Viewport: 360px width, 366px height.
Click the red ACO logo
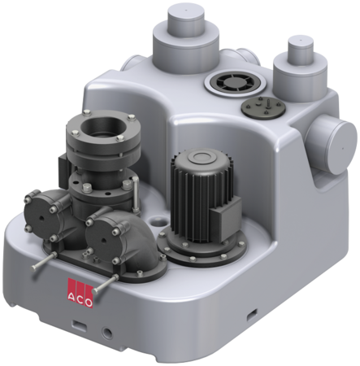(80, 293)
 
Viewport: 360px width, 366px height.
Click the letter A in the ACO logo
(71, 297)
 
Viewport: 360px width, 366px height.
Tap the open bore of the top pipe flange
(102, 125)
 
